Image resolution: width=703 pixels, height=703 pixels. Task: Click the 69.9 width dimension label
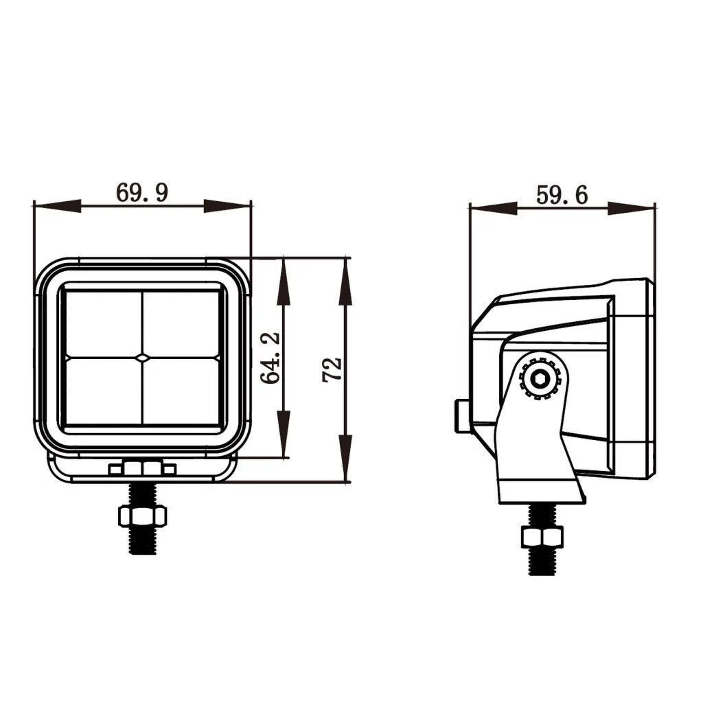pos(141,193)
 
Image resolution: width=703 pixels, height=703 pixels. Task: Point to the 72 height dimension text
pos(332,369)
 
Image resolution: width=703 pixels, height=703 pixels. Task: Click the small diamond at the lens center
pos(142,357)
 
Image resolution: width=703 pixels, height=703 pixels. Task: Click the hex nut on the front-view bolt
pos(142,516)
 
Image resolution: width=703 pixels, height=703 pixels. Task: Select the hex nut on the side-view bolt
pos(542,536)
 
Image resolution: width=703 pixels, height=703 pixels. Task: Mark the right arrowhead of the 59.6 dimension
pos(631,207)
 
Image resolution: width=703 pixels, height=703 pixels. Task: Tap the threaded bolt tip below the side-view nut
pos(542,562)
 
